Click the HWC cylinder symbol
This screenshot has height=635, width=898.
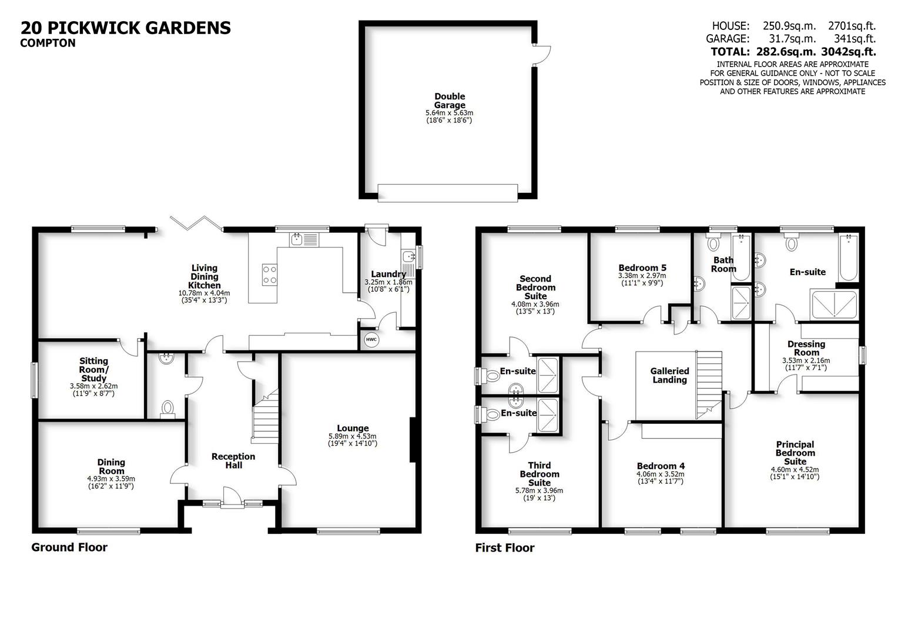click(x=371, y=339)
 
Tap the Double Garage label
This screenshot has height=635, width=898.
click(x=450, y=101)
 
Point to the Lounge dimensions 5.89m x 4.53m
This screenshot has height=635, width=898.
click(x=353, y=436)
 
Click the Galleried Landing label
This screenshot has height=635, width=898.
click(x=669, y=375)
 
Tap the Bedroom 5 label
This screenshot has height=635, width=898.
click(x=642, y=268)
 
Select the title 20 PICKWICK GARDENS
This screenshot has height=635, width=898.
click(x=126, y=28)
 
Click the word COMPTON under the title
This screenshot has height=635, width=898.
click(x=48, y=43)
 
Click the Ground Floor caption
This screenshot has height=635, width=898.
click(x=69, y=547)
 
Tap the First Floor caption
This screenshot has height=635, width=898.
click(x=505, y=548)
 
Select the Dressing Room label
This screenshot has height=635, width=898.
click(x=806, y=348)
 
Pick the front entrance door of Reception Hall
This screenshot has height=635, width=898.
click(x=231, y=497)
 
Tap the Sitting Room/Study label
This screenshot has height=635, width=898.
click(x=94, y=369)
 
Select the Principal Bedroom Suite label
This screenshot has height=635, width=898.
click(x=795, y=453)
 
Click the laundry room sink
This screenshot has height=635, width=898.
click(x=408, y=256)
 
